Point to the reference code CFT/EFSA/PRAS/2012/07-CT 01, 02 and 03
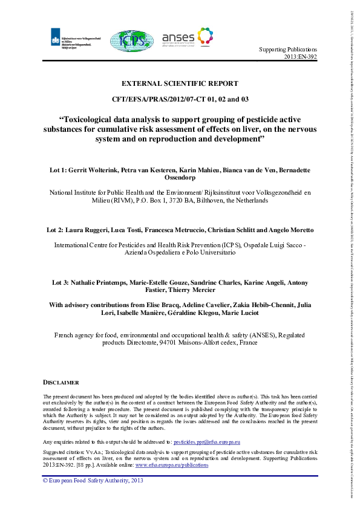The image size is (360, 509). pyautogui.click(x=180, y=99)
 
